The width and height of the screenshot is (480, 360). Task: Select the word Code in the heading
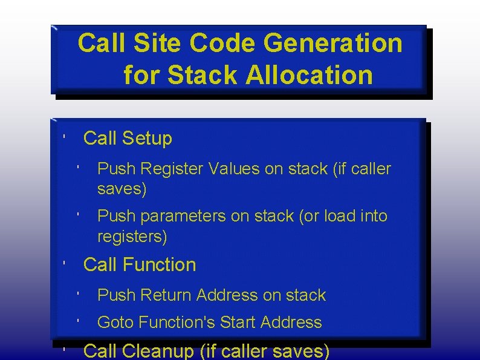point(224,44)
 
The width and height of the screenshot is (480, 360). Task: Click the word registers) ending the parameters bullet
point(132,237)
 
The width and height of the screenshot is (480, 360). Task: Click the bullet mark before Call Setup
point(64,138)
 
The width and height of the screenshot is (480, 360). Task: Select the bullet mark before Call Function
point(64,264)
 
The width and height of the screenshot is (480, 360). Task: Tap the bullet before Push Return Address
point(79,295)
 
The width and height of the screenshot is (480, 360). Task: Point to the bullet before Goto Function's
point(79,322)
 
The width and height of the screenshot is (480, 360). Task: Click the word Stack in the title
point(203,76)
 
